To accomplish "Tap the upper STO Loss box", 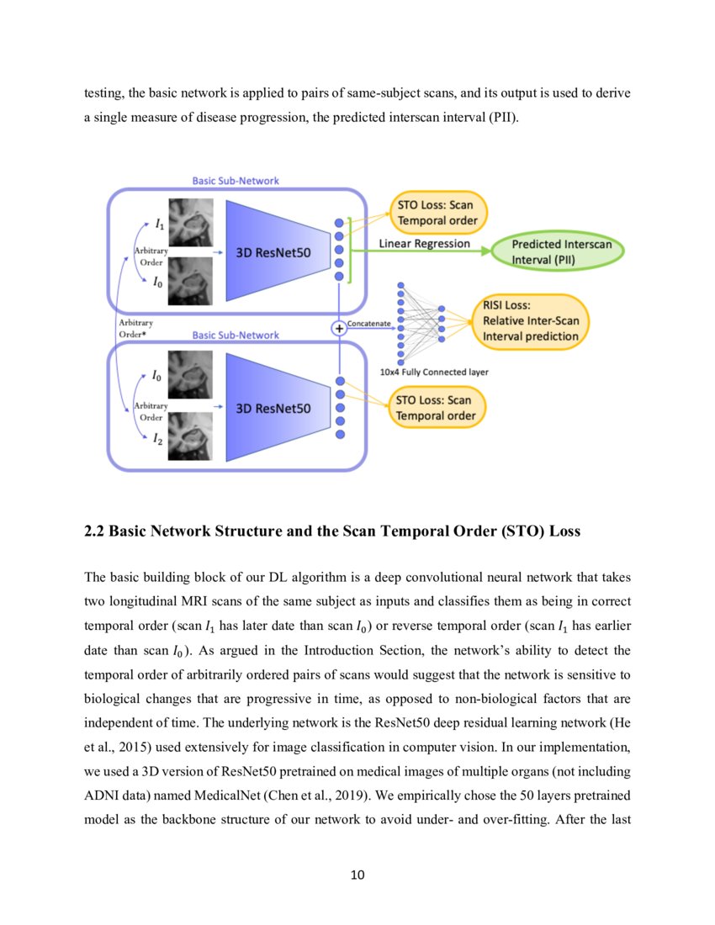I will pos(436,213).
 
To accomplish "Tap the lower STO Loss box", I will pos(436,408).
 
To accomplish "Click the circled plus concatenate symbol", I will pos(340,328).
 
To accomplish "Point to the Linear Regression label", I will pos(425,243).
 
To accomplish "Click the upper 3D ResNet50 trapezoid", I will pos(273,250).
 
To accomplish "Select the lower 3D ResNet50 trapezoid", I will pos(273,408).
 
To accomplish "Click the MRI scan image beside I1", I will pos(191,221).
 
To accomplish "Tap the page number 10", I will pos(357,875).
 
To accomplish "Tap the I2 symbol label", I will pos(157,437).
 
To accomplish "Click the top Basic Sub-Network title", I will pos(236,180).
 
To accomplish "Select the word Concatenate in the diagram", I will pos(368,323).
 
